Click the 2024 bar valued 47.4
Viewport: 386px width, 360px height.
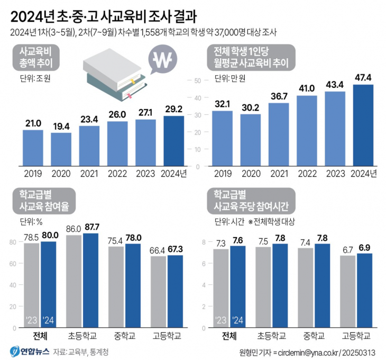363,125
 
